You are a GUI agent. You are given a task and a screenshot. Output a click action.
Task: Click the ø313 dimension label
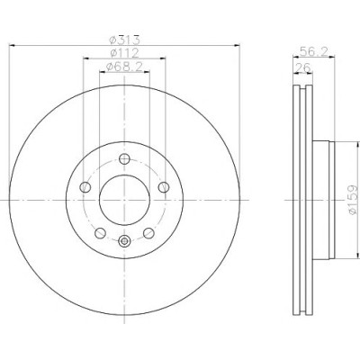click(x=124, y=40)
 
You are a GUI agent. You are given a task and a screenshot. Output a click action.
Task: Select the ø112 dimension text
click(x=124, y=53)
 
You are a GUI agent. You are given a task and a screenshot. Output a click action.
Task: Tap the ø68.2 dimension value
click(x=124, y=67)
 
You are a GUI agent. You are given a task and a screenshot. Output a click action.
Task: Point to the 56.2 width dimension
click(x=313, y=52)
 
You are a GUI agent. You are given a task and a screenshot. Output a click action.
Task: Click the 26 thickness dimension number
click(x=303, y=68)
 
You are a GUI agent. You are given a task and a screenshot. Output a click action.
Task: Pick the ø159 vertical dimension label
click(x=353, y=200)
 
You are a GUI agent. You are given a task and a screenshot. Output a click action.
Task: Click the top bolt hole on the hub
click(x=124, y=158)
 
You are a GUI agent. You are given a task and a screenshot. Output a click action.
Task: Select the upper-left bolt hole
click(x=85, y=187)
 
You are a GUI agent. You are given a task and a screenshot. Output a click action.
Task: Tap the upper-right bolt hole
click(x=164, y=187)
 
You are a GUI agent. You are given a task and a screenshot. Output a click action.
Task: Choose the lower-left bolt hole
click(x=100, y=233)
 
